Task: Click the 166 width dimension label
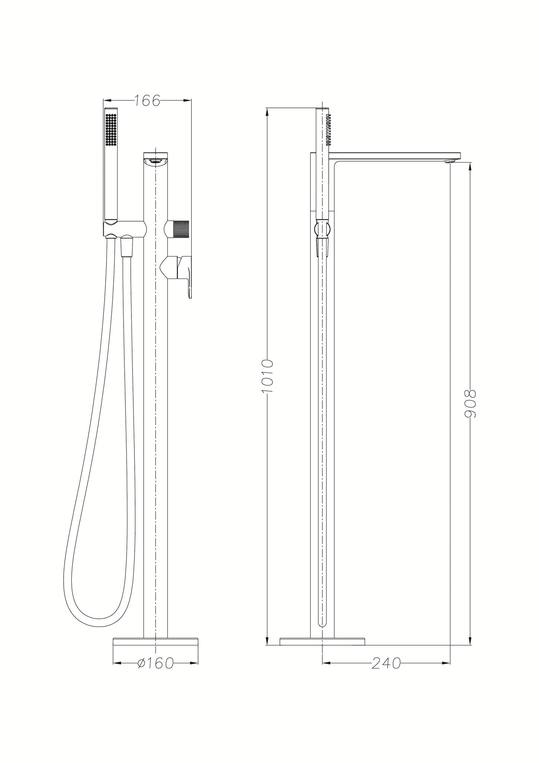(147, 100)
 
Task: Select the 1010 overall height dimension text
(268, 376)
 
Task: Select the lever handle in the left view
(185, 271)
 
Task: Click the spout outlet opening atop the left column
(155, 161)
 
